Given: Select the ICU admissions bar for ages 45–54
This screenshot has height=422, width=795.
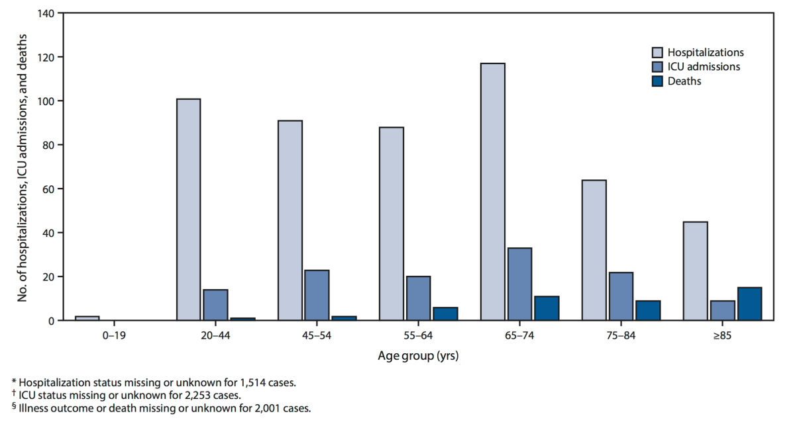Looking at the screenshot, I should (x=317, y=295).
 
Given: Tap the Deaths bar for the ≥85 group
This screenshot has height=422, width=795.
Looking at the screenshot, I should (x=749, y=304).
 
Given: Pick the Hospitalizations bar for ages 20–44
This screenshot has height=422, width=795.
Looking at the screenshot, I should (x=188, y=209).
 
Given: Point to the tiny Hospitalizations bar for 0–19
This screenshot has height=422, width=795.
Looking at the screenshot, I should (x=87, y=318).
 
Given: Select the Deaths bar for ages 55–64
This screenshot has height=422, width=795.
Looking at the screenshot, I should (x=445, y=314).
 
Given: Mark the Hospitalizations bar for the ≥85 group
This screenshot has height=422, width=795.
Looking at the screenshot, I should (x=695, y=271).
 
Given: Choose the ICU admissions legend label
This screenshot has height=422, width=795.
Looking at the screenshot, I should (x=704, y=67).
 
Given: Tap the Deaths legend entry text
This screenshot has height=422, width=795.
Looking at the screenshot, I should (x=684, y=81).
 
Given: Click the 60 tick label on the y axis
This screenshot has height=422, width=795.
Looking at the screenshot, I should (x=50, y=189).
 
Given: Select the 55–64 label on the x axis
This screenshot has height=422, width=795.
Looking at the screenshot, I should (x=418, y=337).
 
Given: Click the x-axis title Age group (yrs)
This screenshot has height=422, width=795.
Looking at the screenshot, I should (x=418, y=357).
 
